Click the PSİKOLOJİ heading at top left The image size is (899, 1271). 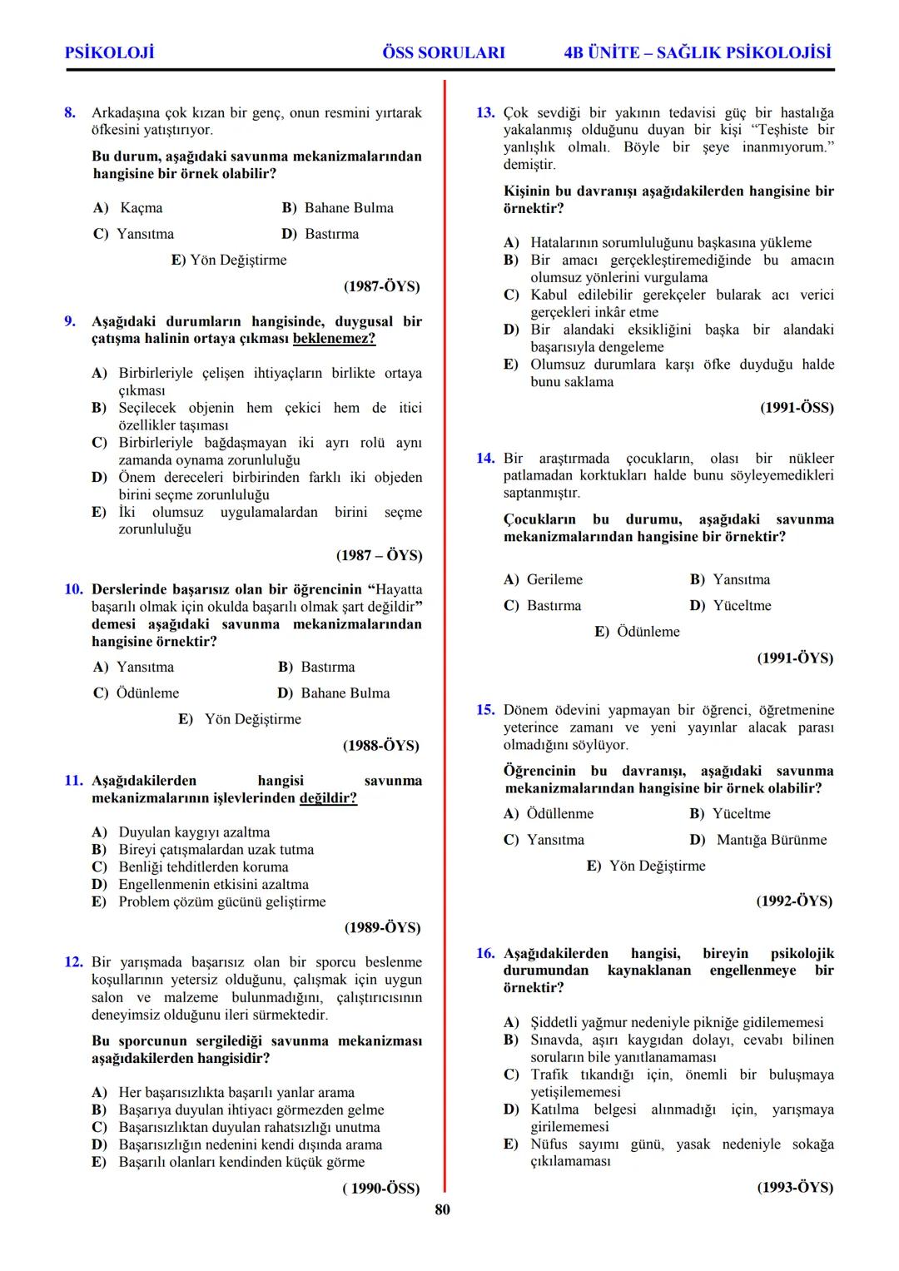pos(109,52)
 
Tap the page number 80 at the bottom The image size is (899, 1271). pos(442,1209)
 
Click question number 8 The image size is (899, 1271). pos(71,112)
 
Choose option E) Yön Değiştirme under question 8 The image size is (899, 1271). pos(229,261)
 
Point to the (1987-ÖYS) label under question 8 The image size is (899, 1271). pos(382,286)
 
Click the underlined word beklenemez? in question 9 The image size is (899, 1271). pos(334,339)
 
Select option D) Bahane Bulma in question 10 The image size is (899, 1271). pos(334,693)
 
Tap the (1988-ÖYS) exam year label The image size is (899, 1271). pos(381,746)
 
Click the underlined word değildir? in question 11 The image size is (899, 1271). pos(328,798)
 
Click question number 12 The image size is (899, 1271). pos(73,962)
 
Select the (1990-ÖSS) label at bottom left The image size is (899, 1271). pos(380,1189)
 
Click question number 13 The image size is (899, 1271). pos(485,112)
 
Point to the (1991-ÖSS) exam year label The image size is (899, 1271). pos(797,408)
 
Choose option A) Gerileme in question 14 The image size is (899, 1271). pos(544,580)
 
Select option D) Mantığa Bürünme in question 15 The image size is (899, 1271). pos(758,840)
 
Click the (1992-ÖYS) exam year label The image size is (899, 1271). pos(794,901)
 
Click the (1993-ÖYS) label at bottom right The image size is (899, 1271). pos(794,1188)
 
